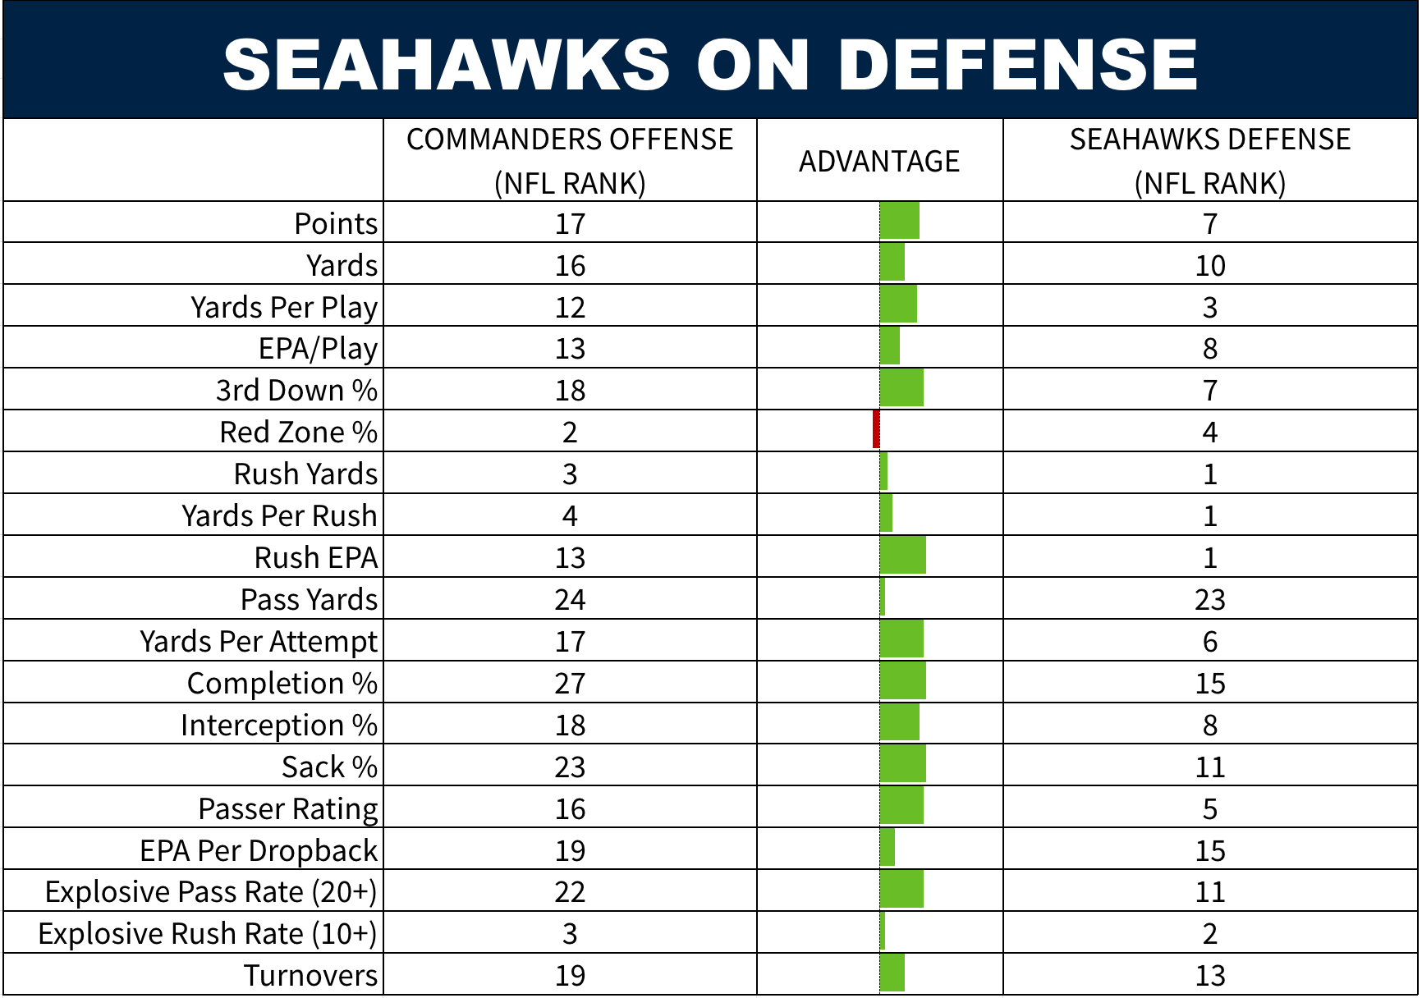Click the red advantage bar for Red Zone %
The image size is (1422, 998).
tap(876, 429)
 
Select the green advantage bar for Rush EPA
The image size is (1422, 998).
tap(902, 556)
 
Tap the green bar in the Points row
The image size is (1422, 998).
tap(899, 221)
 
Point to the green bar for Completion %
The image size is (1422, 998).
tap(902, 681)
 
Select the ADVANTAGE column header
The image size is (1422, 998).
tap(879, 161)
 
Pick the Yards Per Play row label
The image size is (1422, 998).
tap(284, 307)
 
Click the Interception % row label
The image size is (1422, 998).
tap(279, 725)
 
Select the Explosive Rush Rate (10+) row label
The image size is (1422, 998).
tap(208, 933)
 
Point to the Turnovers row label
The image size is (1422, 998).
tap(310, 975)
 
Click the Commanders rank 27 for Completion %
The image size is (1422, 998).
tap(570, 683)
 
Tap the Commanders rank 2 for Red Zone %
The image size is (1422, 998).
tap(570, 432)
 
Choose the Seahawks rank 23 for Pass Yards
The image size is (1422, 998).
tap(1209, 599)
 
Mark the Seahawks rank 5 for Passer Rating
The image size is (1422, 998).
tap(1209, 808)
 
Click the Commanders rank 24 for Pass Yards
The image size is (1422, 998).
tap(570, 599)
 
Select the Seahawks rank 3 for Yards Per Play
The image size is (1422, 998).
tap(1209, 307)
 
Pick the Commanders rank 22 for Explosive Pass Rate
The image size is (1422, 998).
tap(570, 891)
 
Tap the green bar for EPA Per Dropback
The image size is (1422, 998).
tap(887, 848)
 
